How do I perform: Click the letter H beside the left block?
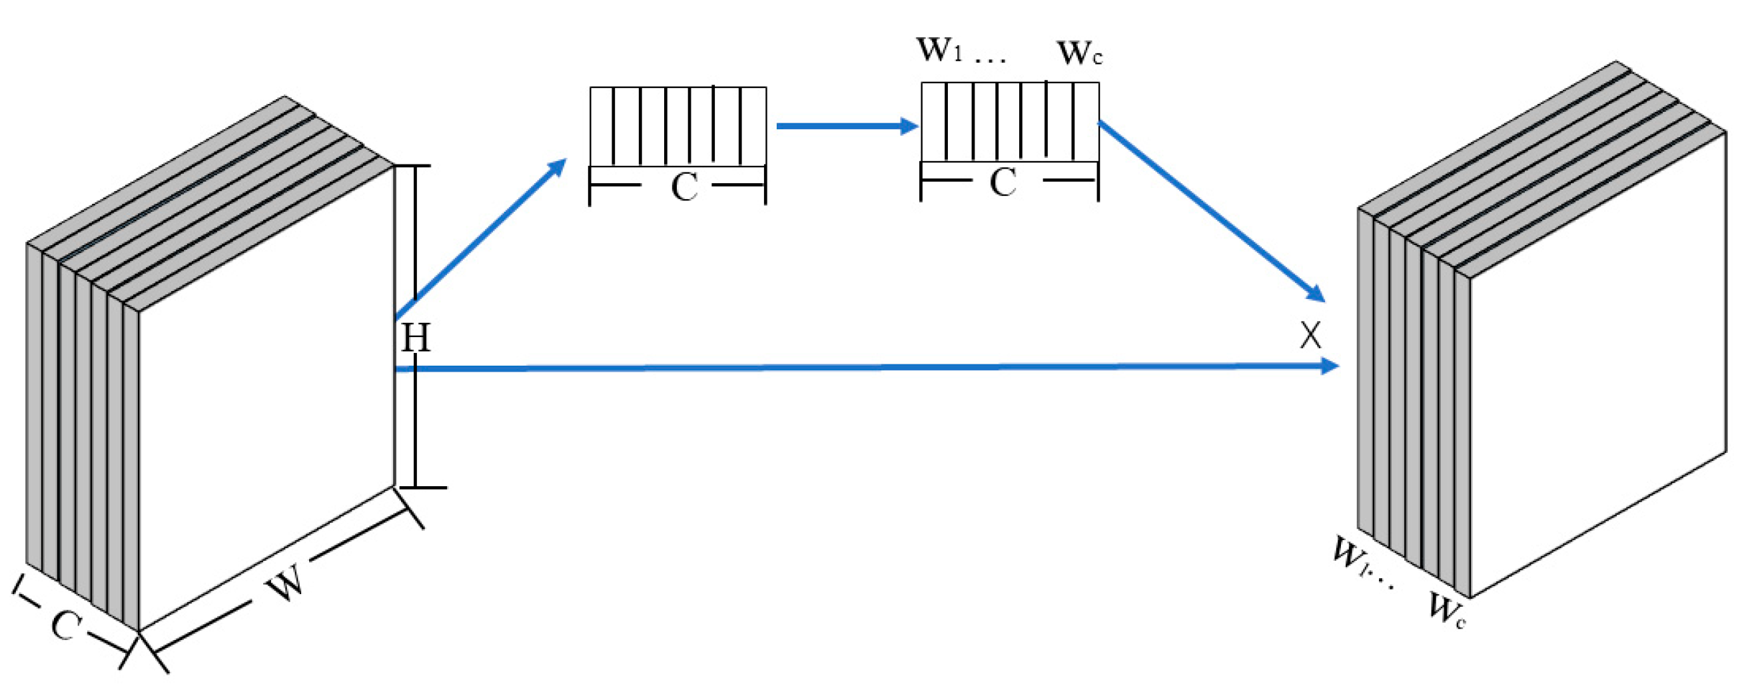[416, 337]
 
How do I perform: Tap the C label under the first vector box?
[683, 187]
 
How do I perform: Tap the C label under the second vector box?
[1003, 183]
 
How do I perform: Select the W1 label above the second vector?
[939, 50]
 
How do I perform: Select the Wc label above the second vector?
[1079, 53]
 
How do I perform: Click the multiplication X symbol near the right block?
[1310, 335]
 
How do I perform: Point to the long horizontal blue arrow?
[864, 368]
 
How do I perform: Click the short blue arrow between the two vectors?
[847, 126]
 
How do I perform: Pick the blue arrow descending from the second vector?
[1210, 210]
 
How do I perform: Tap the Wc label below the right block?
[1446, 609]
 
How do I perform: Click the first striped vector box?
[677, 127]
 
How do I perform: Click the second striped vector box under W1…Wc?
[1009, 122]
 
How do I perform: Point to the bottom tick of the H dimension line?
[422, 488]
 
